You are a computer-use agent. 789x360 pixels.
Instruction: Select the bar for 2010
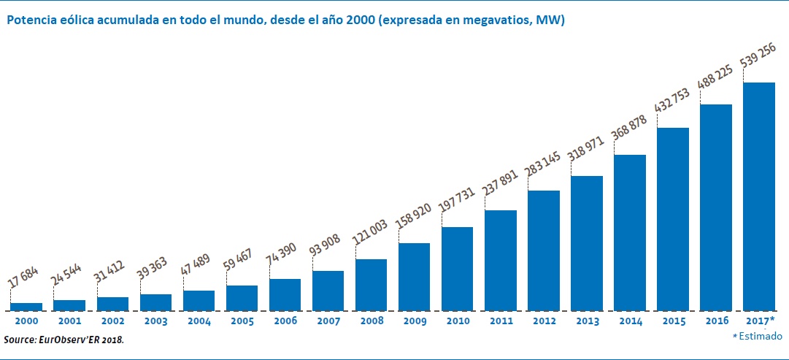tap(457, 268)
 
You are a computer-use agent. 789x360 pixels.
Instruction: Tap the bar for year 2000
tap(26, 306)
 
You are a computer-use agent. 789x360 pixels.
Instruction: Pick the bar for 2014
tap(629, 232)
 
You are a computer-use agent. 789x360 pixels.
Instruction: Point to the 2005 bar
tap(242, 297)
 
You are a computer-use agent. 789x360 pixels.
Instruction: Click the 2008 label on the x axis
tap(371, 321)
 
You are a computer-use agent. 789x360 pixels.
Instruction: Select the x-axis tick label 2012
tap(543, 321)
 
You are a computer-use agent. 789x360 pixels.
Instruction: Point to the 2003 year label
tap(155, 321)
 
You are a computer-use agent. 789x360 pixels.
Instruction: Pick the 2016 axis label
tap(715, 321)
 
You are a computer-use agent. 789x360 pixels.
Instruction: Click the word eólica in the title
tap(77, 20)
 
